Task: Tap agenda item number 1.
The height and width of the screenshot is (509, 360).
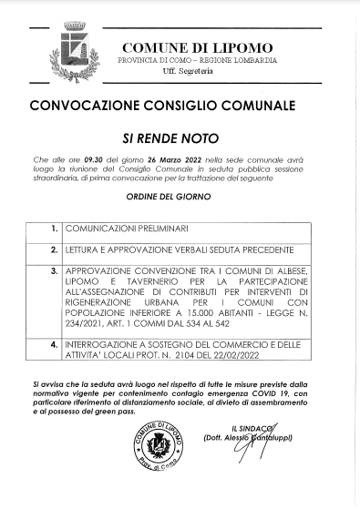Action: tap(55, 226)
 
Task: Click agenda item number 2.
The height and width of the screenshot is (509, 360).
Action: tap(55, 249)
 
